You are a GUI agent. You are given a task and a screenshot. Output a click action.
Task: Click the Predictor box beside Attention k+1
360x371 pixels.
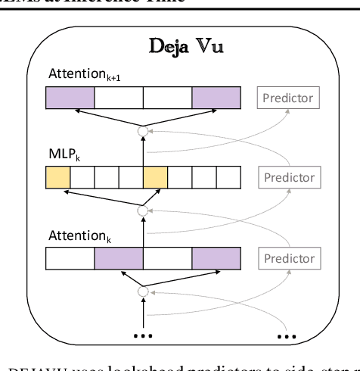[x=287, y=98]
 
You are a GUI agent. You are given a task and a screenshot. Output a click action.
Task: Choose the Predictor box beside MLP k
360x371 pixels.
[x=287, y=178]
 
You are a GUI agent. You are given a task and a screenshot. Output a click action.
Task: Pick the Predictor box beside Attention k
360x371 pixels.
[x=287, y=257]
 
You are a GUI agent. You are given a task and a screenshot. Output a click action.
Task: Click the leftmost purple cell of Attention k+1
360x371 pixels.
[x=70, y=98]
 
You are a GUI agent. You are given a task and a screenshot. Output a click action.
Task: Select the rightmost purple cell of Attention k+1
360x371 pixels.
[x=216, y=98]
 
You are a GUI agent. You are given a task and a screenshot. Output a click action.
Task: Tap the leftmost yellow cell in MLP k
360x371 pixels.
[x=57, y=178]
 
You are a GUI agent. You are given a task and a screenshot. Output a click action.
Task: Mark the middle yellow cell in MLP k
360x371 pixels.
[x=155, y=178]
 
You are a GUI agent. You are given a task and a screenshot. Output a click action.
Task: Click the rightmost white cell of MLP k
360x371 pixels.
[x=228, y=178]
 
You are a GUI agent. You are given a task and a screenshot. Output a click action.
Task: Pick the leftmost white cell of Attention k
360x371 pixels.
[x=70, y=258]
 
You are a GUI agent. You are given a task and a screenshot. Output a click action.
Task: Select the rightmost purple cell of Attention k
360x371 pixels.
[x=216, y=258]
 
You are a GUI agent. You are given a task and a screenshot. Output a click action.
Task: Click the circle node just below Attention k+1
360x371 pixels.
[x=143, y=132]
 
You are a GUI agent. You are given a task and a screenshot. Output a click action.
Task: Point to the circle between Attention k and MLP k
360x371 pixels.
[x=143, y=211]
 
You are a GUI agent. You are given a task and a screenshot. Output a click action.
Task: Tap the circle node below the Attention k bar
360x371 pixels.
[x=143, y=291]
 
